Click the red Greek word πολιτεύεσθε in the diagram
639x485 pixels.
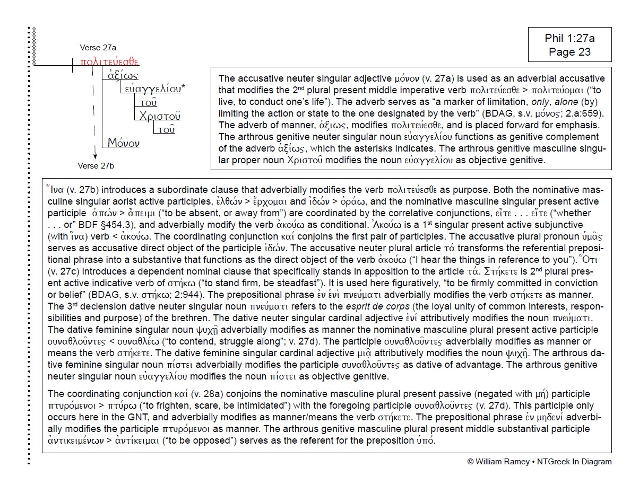click(109, 61)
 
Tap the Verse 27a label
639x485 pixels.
click(98, 48)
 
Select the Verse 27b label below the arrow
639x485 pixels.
click(96, 166)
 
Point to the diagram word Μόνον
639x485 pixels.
click(124, 144)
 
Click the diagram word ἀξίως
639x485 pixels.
click(124, 75)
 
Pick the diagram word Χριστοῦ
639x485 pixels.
click(160, 116)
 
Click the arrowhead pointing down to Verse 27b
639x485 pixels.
click(94, 156)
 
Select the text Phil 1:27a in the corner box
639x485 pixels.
click(569, 38)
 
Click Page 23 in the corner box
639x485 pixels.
click(569, 51)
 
